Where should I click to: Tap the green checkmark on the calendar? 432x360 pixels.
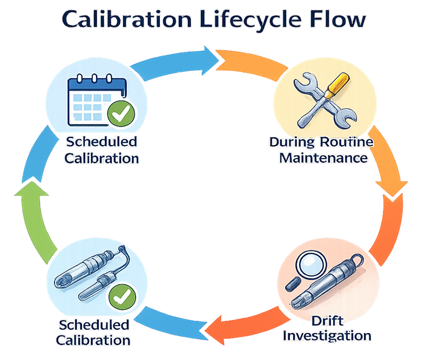click(121, 114)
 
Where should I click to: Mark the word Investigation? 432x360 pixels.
click(327, 336)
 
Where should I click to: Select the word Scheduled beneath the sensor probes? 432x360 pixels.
click(94, 325)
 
